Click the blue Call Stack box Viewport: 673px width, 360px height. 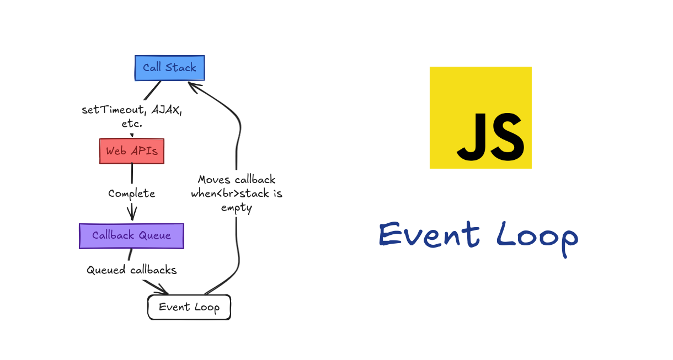[x=170, y=68]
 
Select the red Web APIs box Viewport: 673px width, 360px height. [x=132, y=151]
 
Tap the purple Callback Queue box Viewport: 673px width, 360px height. [x=132, y=236]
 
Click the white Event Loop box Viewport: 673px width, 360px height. [x=189, y=307]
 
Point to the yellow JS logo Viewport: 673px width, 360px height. [x=480, y=117]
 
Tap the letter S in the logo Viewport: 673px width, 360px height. [x=508, y=137]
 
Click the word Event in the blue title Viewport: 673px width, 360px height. [x=430, y=234]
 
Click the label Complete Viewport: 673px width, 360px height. [x=132, y=194]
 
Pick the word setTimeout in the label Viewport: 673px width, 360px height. [x=114, y=110]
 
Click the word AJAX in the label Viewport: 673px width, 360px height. [x=167, y=110]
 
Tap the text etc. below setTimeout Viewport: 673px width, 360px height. [x=132, y=123]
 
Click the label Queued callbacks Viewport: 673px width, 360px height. [x=132, y=270]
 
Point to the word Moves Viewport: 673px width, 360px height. [x=214, y=180]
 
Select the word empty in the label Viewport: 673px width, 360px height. [x=237, y=208]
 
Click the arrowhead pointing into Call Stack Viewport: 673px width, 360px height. [x=193, y=87]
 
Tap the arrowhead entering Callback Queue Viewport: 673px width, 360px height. [x=132, y=213]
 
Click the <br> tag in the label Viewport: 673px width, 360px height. [x=228, y=194]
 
